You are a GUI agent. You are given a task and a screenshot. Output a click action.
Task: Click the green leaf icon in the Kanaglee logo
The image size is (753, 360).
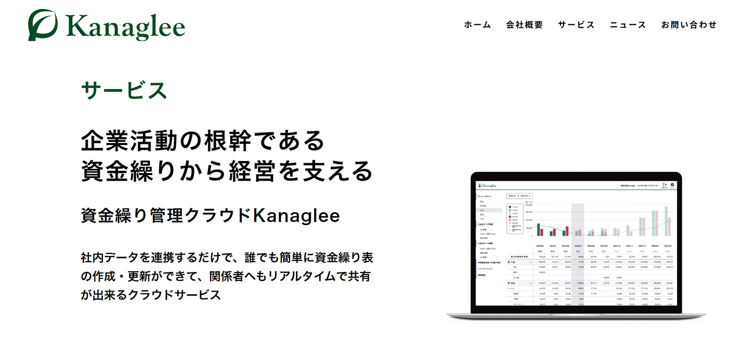42,25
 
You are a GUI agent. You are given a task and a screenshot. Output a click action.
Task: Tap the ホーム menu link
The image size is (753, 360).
477,25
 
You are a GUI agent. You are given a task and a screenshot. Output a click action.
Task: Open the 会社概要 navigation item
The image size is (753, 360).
524,25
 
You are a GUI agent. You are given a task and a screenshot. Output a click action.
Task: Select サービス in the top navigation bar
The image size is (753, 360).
576,25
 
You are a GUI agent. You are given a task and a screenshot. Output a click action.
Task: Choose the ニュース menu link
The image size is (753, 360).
628,25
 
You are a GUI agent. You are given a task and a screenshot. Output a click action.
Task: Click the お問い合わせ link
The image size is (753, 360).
689,25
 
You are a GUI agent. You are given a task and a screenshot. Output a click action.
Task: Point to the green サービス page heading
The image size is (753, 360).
124,90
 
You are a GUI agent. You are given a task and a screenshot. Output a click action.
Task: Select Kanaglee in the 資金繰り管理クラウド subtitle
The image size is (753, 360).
296,216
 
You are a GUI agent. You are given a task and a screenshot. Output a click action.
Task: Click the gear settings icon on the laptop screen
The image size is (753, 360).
672,185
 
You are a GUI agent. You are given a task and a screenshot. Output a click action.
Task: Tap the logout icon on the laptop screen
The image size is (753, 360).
665,185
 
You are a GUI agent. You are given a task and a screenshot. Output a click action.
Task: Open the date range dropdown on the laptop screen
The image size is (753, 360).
519,196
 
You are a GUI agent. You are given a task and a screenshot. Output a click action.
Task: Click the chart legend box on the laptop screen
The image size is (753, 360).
514,218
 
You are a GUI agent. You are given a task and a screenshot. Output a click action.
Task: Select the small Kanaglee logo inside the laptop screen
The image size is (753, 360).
487,185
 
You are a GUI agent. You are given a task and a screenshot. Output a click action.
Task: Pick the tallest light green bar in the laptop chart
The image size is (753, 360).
666,221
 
